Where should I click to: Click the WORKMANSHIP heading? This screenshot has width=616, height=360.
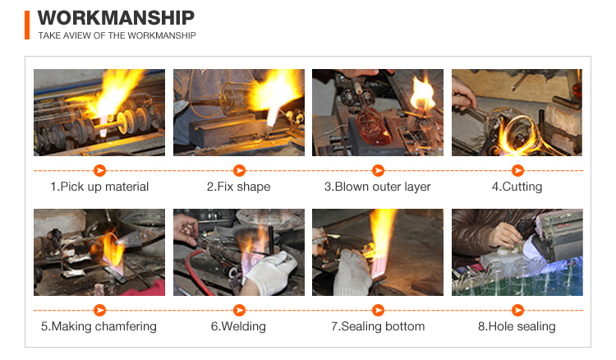tap(116, 18)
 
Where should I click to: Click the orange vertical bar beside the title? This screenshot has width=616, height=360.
tap(27, 25)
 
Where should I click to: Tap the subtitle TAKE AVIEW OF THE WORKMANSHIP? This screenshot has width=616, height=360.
tap(117, 36)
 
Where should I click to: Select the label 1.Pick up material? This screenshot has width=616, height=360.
tap(99, 187)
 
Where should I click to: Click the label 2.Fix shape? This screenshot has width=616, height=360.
tap(239, 187)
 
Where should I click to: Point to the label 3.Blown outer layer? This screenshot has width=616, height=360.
tap(378, 187)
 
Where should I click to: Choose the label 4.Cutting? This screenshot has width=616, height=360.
tap(517, 187)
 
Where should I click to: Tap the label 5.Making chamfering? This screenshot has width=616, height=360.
tap(99, 326)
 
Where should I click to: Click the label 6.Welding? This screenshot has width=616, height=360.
tap(238, 326)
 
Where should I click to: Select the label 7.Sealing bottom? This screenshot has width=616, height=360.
tap(378, 326)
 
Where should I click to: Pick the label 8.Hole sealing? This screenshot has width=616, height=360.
tap(517, 326)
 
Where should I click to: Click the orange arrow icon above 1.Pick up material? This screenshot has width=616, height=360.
tap(99, 171)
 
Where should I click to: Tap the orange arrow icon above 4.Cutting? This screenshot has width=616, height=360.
tap(517, 171)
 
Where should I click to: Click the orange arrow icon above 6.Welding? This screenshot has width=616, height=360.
tap(239, 311)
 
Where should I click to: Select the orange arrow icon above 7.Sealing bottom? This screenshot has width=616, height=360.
tap(378, 311)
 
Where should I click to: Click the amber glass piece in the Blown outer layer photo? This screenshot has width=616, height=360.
tap(373, 127)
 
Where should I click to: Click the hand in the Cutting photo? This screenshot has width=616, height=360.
tap(462, 95)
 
